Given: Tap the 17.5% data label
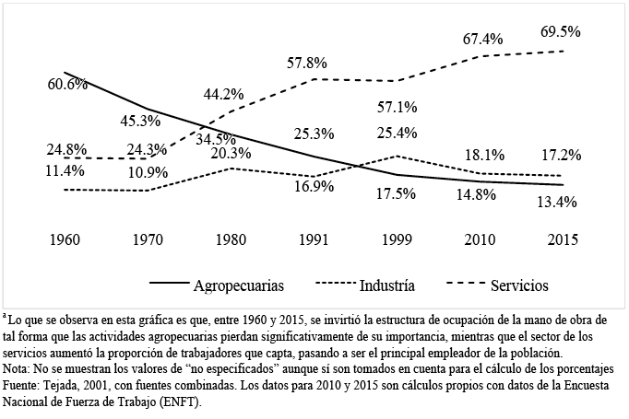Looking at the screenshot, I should point(398,194).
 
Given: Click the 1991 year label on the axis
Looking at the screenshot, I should point(313,240).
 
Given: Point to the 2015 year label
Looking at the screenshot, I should point(563,240).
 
